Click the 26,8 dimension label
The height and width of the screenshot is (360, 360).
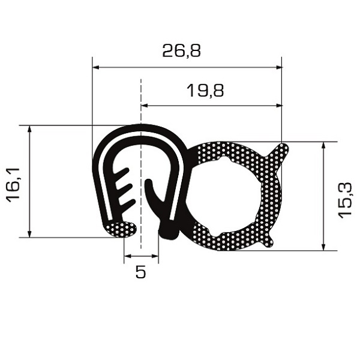coord(181,51)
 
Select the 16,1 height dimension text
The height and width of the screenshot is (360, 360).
coord(14,185)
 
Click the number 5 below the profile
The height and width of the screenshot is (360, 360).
coord(140,272)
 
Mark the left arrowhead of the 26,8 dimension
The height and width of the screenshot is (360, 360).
coord(95,67)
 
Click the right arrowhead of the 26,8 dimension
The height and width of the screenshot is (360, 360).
coord(278,67)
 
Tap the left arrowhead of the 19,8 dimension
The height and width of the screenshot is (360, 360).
coord(145,106)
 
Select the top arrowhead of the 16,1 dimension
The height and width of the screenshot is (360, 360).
coord(29,129)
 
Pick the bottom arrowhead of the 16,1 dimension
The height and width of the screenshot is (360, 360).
coord(29,234)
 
